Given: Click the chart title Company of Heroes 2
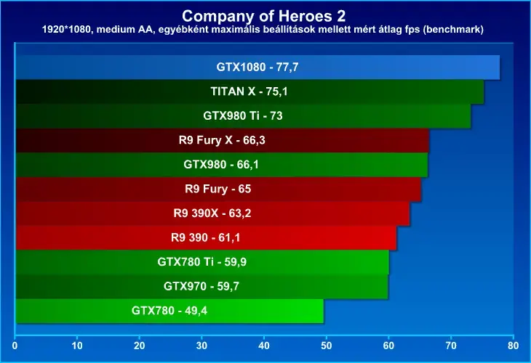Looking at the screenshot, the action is click(264, 16).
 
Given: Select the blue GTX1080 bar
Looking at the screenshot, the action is click(257, 68).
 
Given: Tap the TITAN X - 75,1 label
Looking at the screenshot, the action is click(249, 91).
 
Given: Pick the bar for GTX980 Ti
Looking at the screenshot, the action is click(243, 116).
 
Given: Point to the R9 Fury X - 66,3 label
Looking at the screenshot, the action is click(222, 140).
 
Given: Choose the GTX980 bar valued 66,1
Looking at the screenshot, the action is click(222, 165).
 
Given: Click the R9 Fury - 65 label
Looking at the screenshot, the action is click(217, 189).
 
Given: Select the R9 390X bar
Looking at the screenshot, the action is click(212, 213).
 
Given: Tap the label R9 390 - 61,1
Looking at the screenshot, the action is click(205, 237).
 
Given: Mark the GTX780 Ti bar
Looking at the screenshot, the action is click(202, 262).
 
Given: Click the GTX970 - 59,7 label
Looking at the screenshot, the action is click(201, 286).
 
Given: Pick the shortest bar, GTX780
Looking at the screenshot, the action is click(169, 311).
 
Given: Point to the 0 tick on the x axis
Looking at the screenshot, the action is click(15, 346).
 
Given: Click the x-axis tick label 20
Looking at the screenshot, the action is click(139, 346).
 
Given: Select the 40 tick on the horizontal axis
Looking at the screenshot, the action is click(264, 346).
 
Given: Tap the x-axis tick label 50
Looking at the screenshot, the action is click(326, 346).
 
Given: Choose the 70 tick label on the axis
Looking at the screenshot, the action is click(451, 346).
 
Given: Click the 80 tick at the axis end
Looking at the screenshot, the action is click(513, 346).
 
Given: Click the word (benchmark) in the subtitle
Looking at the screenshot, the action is click(453, 30).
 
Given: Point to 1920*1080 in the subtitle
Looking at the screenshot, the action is click(66, 30).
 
